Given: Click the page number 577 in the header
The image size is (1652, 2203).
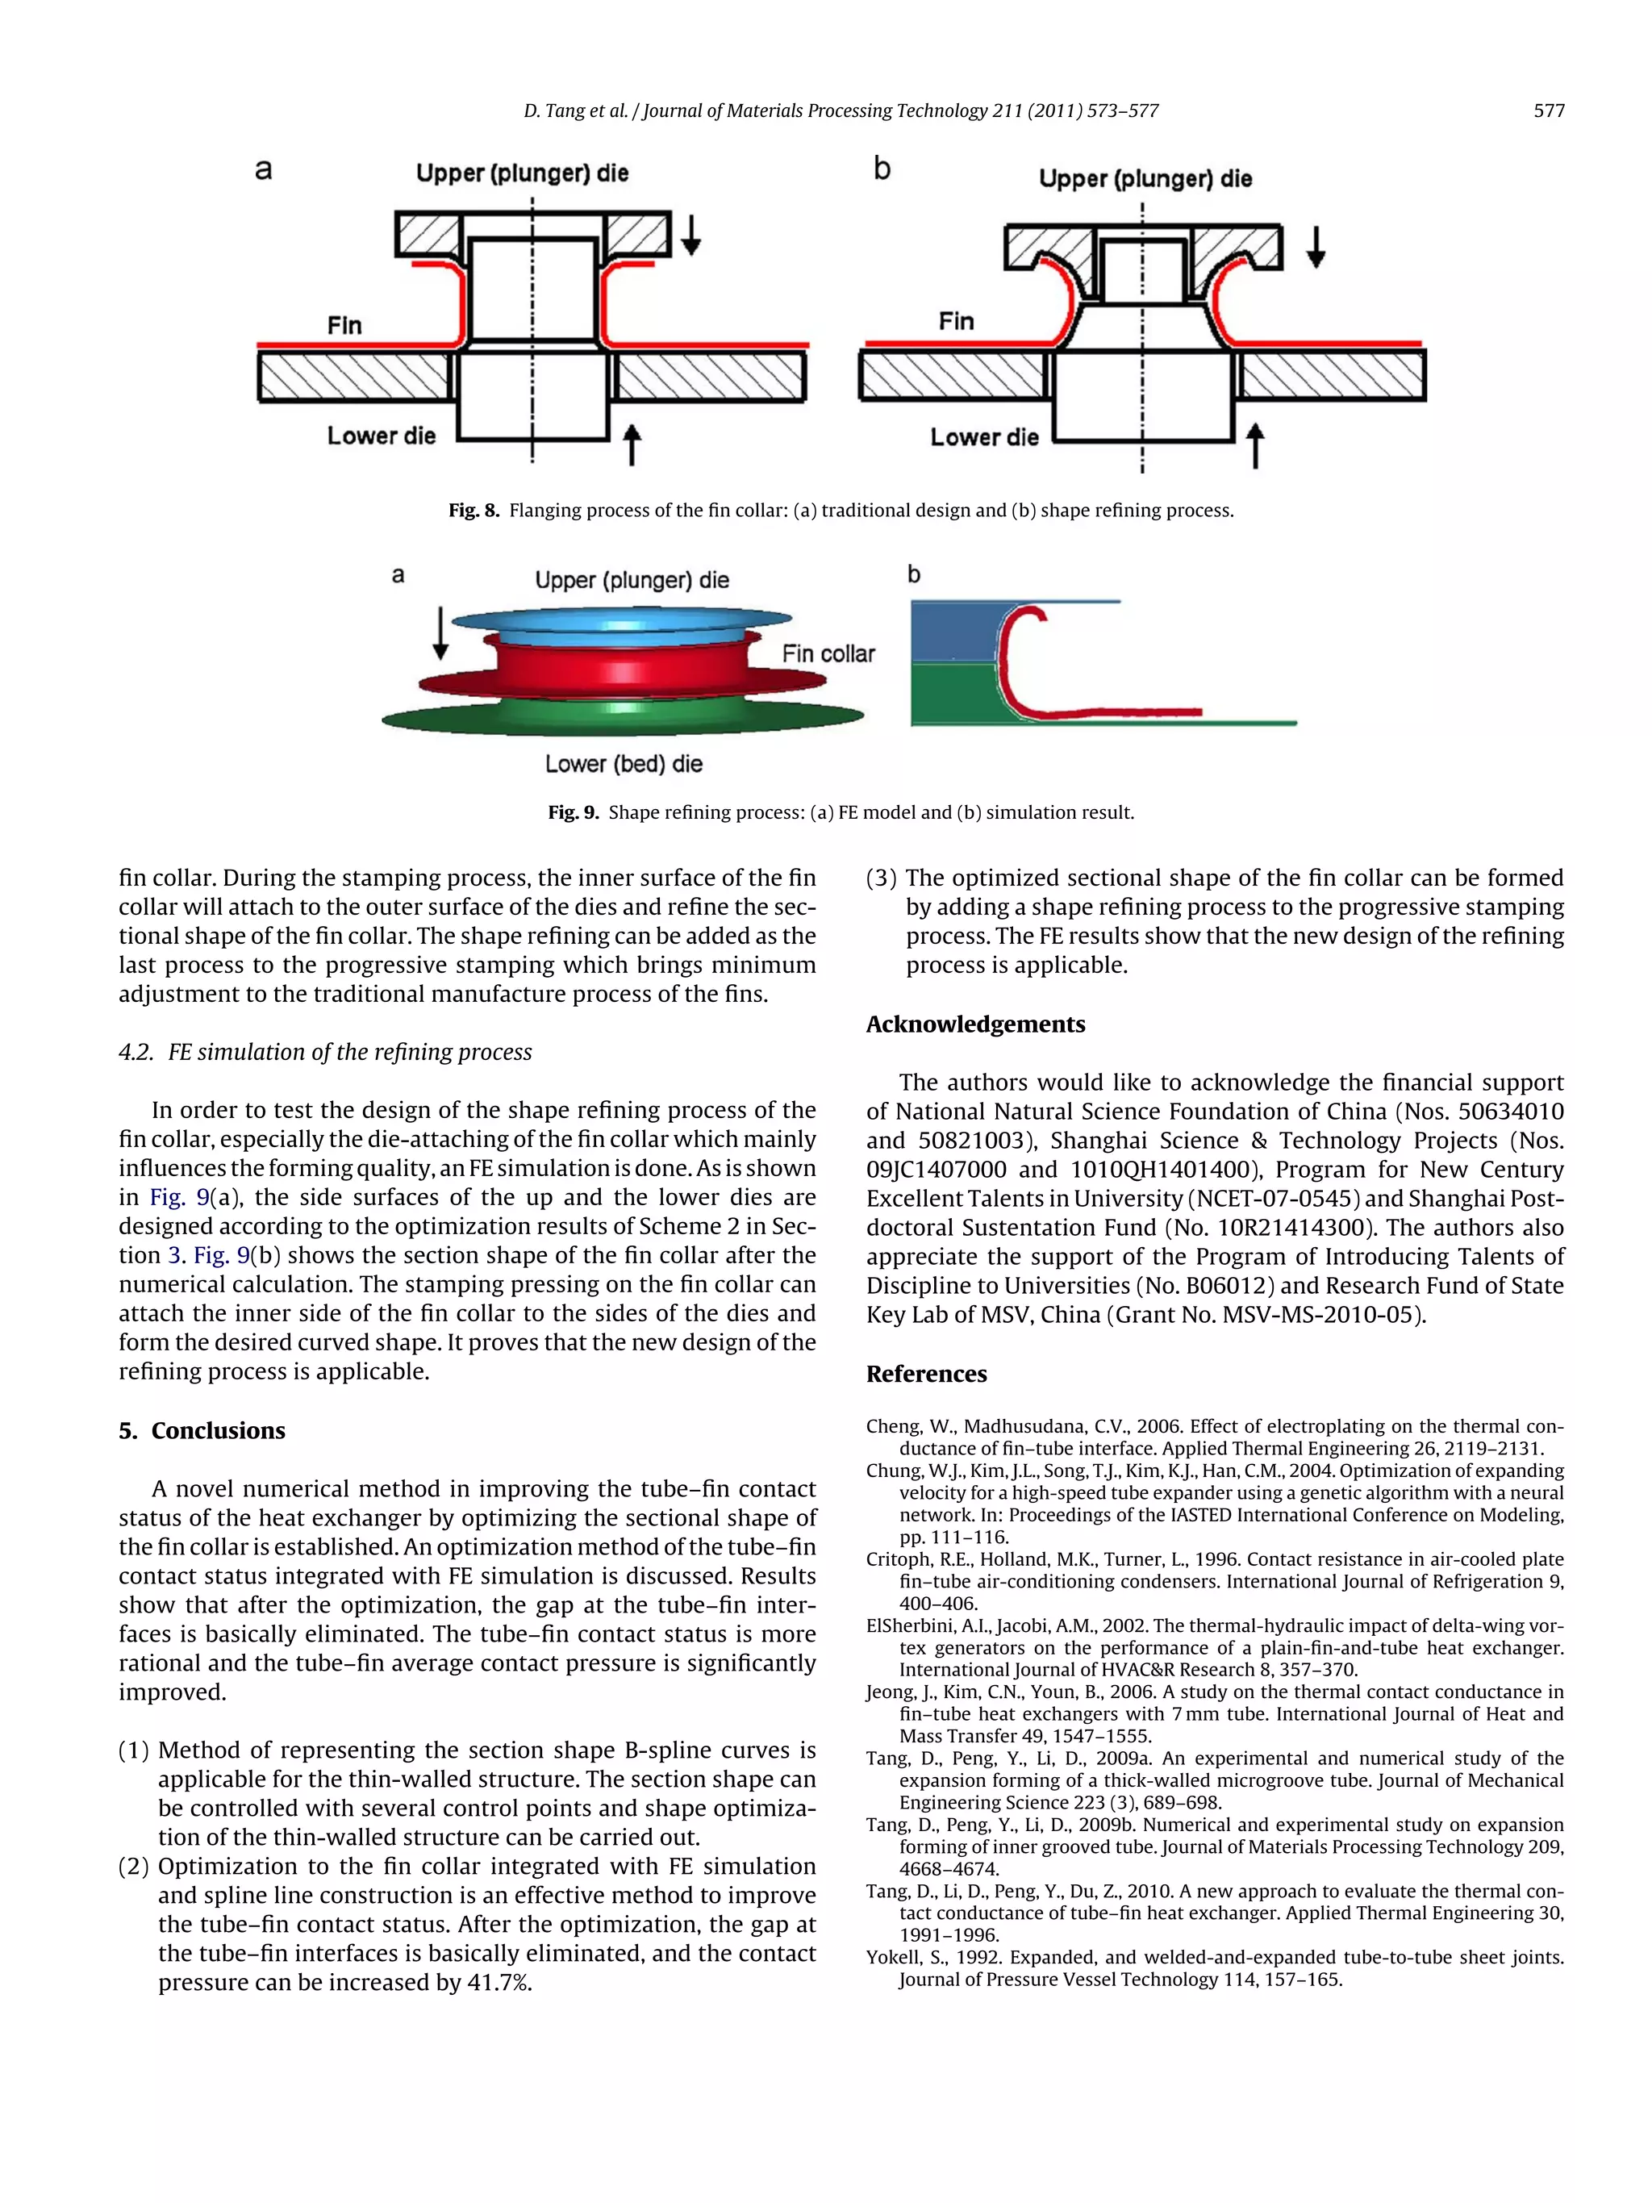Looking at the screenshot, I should (x=1549, y=111).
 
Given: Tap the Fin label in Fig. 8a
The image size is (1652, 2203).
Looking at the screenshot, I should (x=344, y=326).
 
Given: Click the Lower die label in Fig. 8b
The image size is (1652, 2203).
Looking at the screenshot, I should (x=984, y=437).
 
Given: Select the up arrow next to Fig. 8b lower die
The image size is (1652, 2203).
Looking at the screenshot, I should (x=1256, y=444).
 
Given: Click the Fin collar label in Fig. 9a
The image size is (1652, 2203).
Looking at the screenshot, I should (x=828, y=653).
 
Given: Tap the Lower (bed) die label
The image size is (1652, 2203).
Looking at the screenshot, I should (x=624, y=764).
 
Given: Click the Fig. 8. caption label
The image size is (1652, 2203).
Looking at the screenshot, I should (x=473, y=511).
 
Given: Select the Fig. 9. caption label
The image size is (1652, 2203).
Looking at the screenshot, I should (x=573, y=812).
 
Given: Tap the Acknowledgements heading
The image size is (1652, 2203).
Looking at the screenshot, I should (x=975, y=1024).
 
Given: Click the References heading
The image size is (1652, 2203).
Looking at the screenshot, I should (x=926, y=1374).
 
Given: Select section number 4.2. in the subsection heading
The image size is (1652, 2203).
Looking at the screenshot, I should (x=136, y=1052).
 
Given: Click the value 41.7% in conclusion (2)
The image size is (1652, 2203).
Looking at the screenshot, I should (x=499, y=1982).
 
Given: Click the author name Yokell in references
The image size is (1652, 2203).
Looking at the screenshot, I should (x=892, y=1957).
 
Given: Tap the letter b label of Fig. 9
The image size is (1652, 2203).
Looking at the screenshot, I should (x=914, y=574).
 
